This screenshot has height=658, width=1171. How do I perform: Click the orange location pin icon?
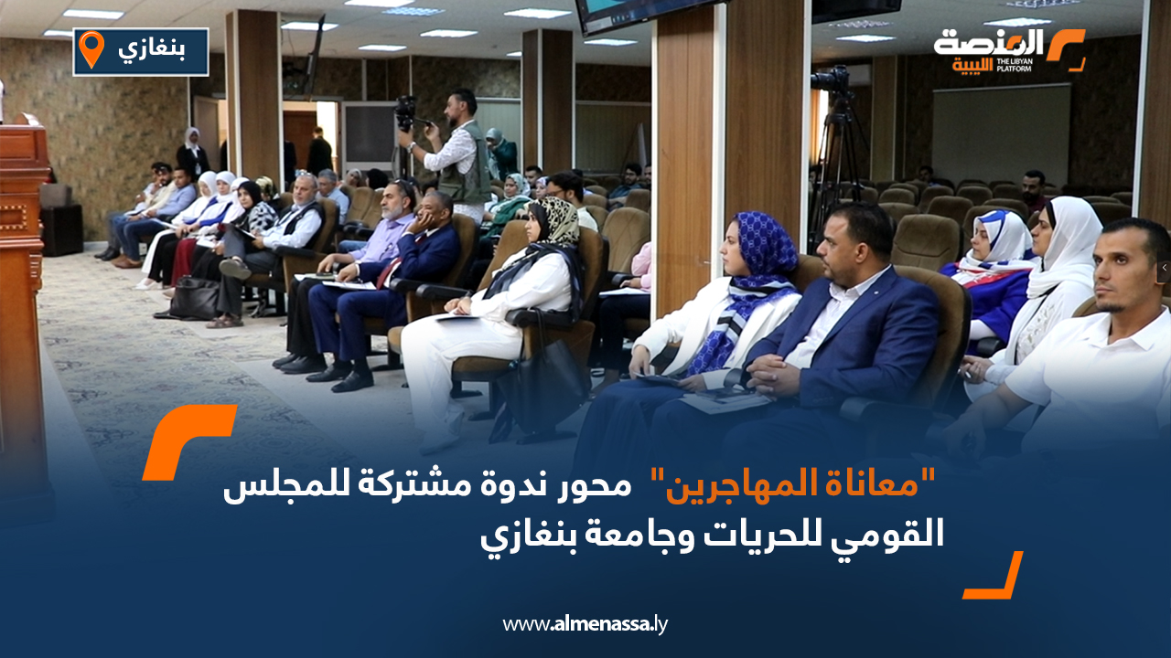[x=91, y=49]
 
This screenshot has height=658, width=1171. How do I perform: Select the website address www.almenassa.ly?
[x=585, y=625]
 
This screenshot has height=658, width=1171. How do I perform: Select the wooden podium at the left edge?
[x=23, y=274]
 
